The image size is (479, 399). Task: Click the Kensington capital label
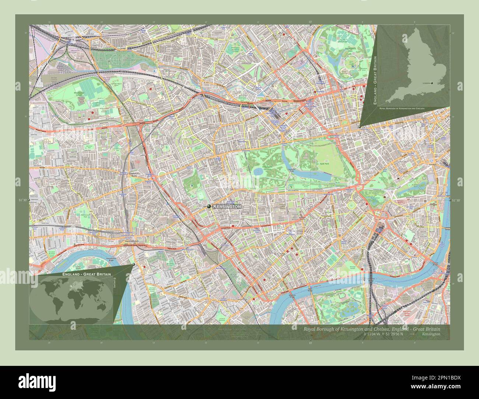coord(227,207)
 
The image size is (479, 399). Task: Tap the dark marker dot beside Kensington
coord(209,207)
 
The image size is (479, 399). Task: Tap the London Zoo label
coord(346,27)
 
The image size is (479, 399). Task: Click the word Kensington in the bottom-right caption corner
coord(431,334)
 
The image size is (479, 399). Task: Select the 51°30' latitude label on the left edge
coord(23,200)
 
